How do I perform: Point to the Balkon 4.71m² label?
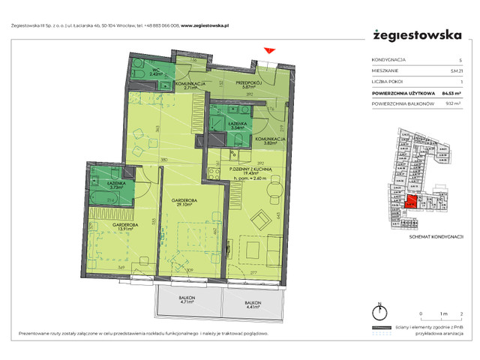point(186,301)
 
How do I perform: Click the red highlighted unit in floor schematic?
point(410,202)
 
